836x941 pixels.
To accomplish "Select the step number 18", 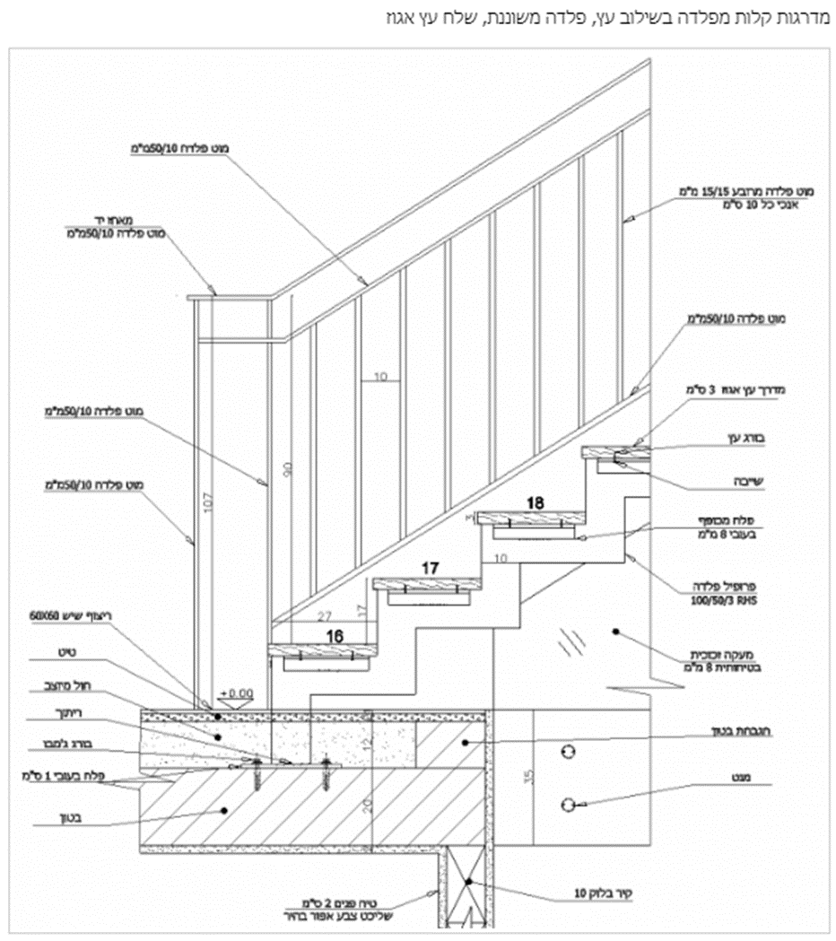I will [536, 503].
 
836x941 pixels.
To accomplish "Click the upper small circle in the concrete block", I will [566, 748].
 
